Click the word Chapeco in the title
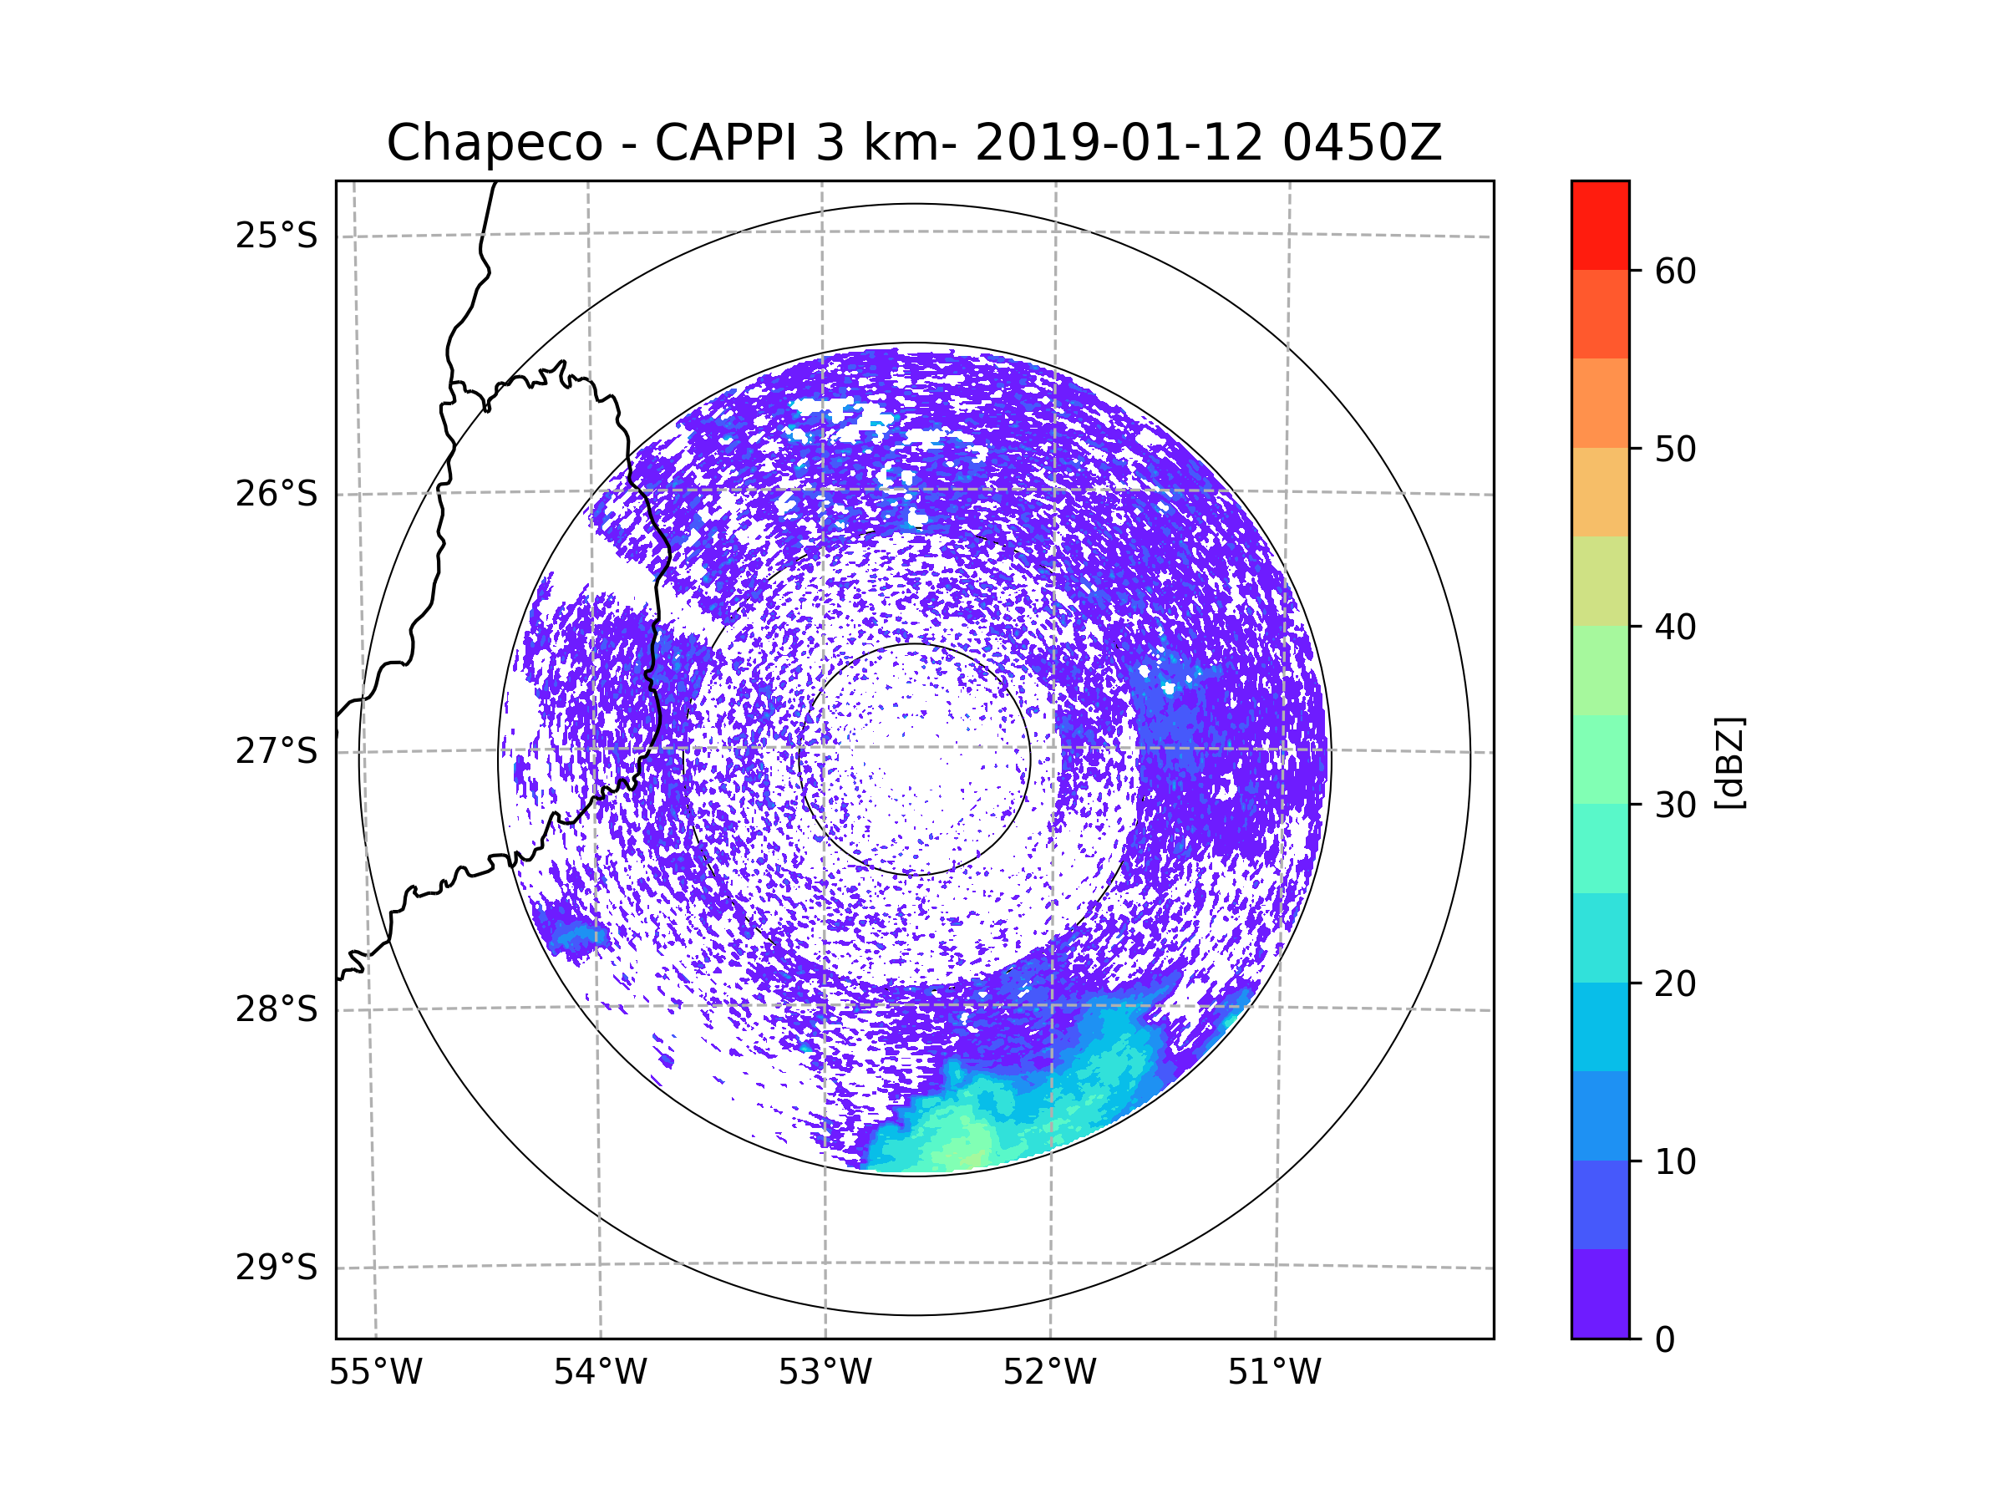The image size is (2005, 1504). (495, 145)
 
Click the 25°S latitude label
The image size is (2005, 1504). (277, 236)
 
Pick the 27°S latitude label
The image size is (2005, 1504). (277, 751)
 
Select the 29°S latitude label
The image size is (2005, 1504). (277, 1268)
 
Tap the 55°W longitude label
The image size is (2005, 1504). (375, 1373)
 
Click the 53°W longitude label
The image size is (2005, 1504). (825, 1373)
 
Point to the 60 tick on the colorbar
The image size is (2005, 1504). (1675, 271)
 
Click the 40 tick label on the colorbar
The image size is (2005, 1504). (1675, 628)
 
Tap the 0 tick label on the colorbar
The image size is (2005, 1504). (1665, 1340)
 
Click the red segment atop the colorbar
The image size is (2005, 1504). (1600, 226)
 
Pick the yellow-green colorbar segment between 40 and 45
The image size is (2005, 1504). (1600, 581)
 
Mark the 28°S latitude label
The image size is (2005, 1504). (277, 1009)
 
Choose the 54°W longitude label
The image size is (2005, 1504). (600, 1373)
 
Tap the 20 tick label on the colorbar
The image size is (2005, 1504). (1675, 983)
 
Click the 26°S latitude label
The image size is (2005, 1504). (277, 494)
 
